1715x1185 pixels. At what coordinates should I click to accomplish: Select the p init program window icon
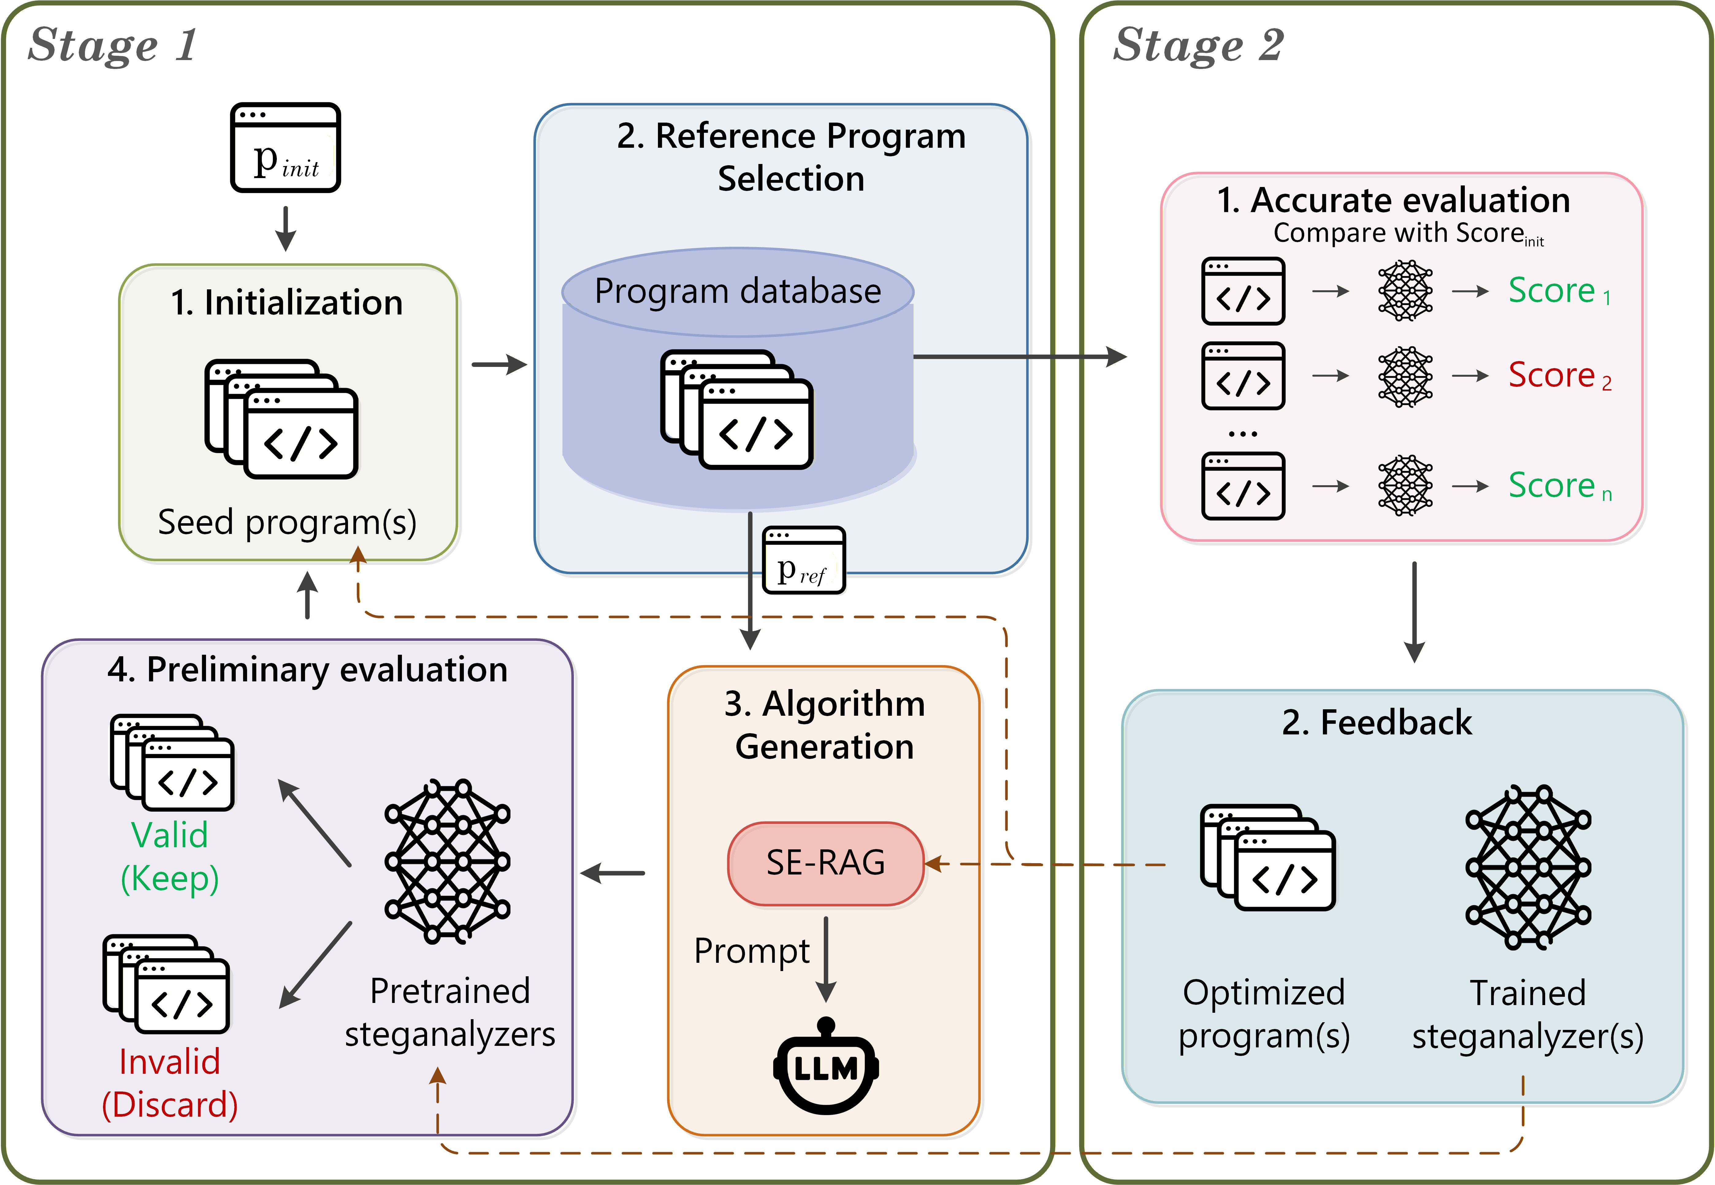286,147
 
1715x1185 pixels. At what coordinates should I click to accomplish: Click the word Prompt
751,951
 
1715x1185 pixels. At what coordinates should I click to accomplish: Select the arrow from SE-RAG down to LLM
826,959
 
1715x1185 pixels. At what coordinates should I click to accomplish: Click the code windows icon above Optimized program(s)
1267,858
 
